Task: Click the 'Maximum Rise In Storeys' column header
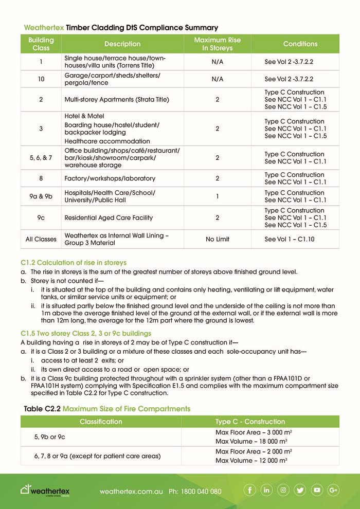point(217,44)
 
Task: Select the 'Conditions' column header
point(300,44)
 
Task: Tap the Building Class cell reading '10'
point(41,79)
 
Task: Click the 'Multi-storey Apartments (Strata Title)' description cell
point(117,100)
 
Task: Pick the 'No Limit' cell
point(217,239)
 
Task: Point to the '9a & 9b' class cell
point(41,196)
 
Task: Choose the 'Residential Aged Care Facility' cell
point(109,217)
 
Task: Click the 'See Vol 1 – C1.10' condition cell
point(290,239)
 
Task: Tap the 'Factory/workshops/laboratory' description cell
point(110,178)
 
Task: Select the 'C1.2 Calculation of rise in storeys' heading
point(74,263)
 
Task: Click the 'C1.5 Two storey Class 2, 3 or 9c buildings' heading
point(86,333)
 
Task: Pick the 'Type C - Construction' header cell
point(250,422)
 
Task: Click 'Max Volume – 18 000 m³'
point(251,441)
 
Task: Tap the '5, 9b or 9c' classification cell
point(50,437)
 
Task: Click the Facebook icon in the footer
point(249,490)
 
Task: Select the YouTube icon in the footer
point(317,490)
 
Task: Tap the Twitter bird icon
point(300,490)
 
